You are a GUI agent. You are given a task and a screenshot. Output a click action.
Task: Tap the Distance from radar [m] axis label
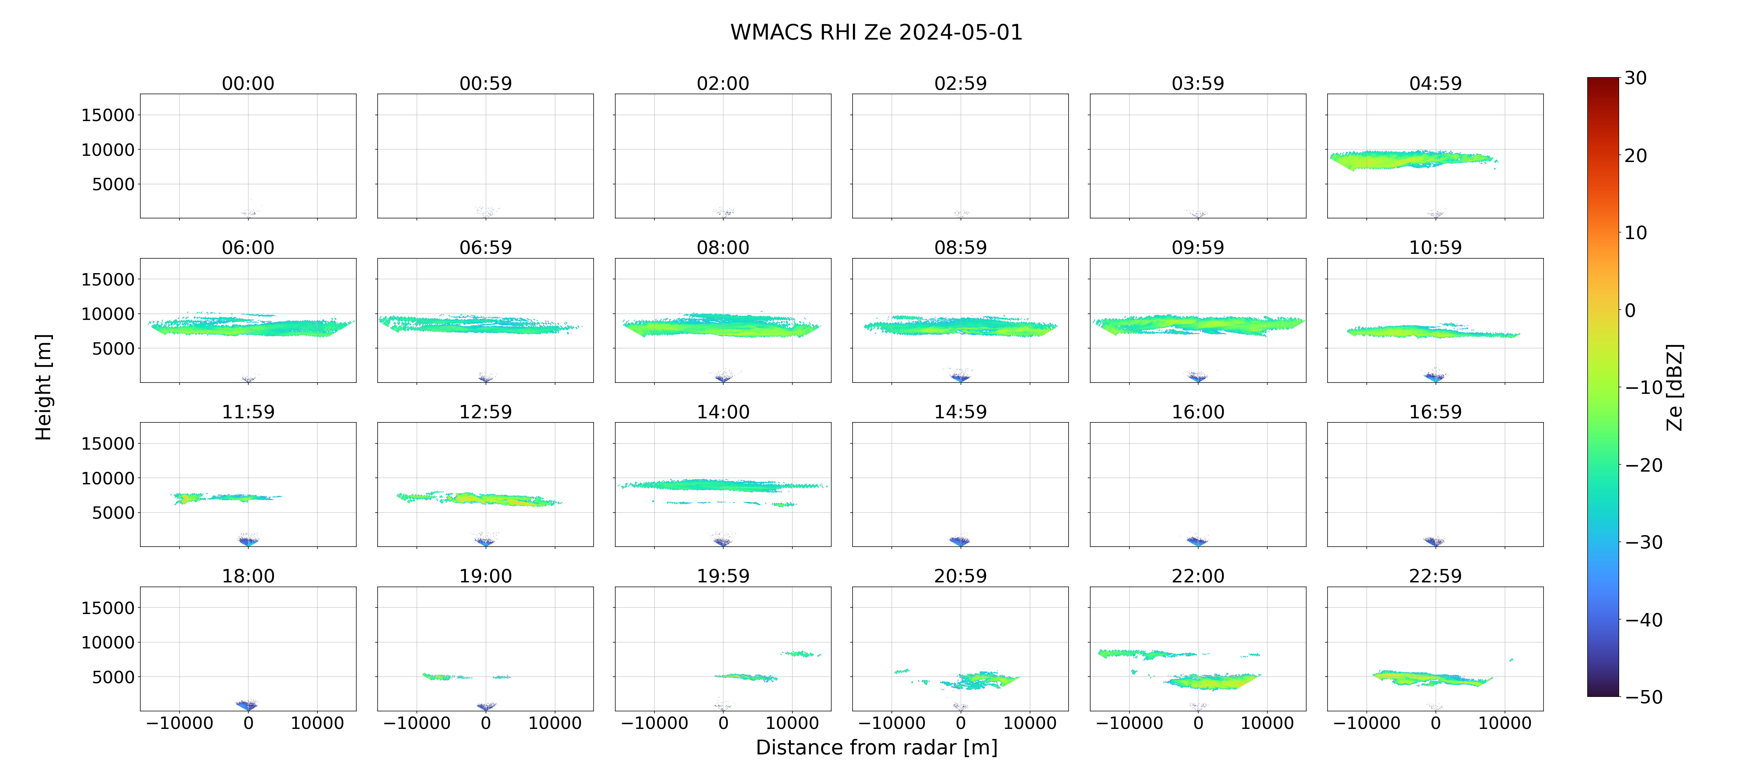tap(876, 748)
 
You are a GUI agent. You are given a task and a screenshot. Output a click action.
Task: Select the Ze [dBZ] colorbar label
tap(1674, 387)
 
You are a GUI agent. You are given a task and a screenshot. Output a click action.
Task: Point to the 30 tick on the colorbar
tap(1636, 78)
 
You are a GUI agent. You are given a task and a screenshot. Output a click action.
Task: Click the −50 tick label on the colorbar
tap(1644, 697)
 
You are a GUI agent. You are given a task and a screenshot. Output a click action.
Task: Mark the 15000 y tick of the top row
tap(108, 115)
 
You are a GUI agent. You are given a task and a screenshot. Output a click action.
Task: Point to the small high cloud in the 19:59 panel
tap(801, 653)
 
